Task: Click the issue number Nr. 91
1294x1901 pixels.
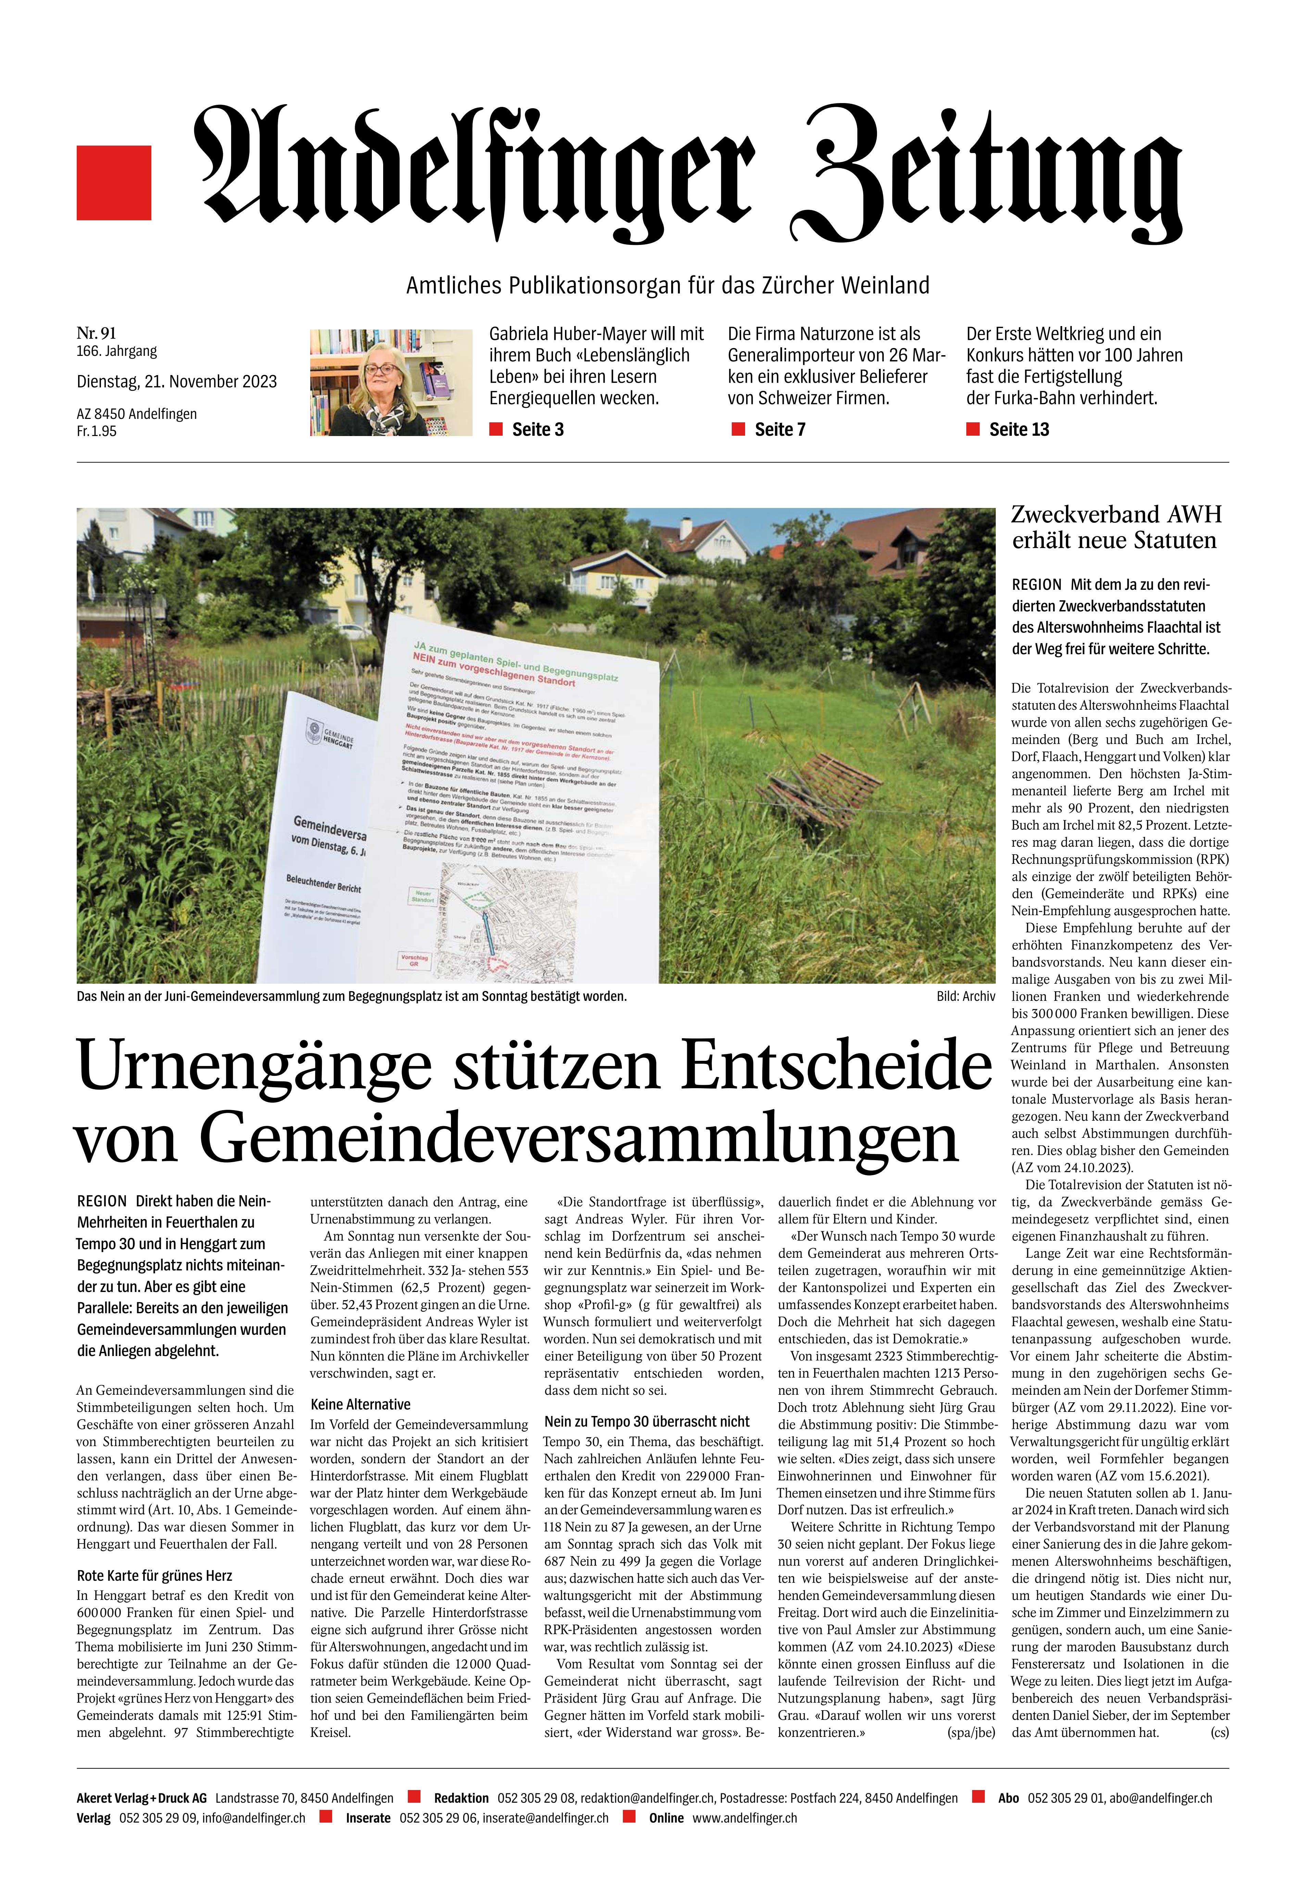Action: tap(97, 333)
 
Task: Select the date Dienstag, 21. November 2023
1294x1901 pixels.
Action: tap(177, 381)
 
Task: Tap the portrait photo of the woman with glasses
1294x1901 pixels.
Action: tap(391, 382)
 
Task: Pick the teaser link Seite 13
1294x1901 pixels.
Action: tap(1018, 430)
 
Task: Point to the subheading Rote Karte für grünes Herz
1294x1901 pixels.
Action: tap(154, 1576)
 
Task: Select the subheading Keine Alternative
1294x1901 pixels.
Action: tap(360, 1404)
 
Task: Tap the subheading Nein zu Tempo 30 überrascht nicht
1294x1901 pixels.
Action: tap(646, 1422)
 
